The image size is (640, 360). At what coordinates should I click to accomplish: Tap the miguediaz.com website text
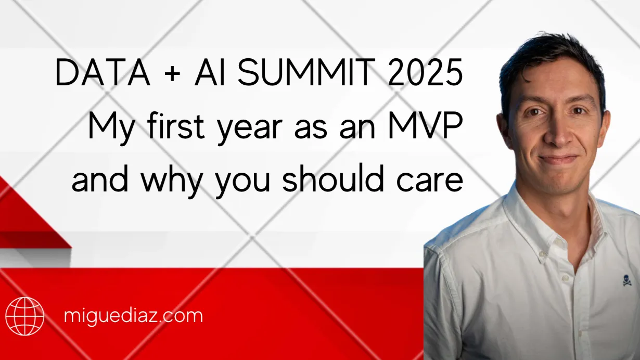(x=133, y=316)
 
